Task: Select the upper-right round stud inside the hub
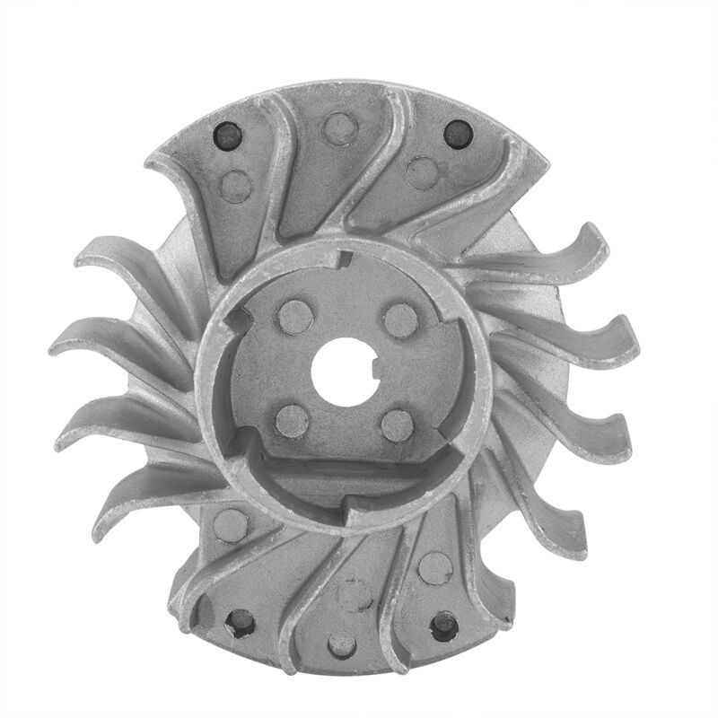click(400, 320)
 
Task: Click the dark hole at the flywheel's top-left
click(228, 136)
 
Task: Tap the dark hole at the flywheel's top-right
click(458, 134)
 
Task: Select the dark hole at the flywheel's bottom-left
click(241, 621)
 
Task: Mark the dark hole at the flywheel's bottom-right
click(444, 625)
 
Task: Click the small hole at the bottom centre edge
click(342, 644)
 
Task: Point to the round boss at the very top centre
click(340, 127)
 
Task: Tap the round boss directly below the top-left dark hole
click(236, 186)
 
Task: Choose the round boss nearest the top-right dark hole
click(422, 172)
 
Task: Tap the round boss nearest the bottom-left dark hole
click(231, 525)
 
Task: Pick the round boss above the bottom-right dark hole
click(435, 567)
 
